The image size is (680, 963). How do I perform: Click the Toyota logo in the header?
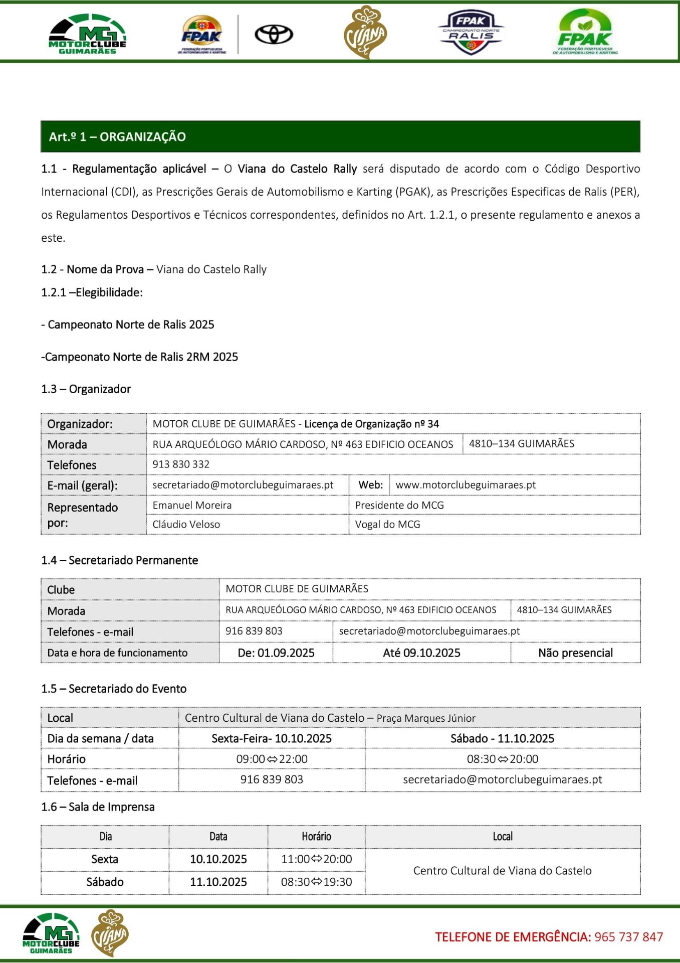274,35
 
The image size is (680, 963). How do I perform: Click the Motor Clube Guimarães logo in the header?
88,34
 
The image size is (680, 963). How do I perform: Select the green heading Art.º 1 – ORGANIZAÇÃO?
117,136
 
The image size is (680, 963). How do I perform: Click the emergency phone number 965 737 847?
628,936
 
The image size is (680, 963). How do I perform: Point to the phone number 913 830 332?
181,464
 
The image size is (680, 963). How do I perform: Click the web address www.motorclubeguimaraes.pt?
466,485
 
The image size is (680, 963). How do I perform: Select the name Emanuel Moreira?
192,505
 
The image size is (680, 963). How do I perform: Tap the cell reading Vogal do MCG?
388,524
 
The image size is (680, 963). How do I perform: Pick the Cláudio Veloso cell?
186,524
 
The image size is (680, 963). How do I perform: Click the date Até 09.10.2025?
421,653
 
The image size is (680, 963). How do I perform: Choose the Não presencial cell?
575,653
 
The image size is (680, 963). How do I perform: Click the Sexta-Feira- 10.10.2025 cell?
272,738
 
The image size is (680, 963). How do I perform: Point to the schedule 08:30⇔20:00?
503,759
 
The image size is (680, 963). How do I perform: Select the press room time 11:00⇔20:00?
317,859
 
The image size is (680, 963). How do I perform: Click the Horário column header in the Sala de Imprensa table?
316,836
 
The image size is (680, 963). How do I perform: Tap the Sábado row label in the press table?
105,882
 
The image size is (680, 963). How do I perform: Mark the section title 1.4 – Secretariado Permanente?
120,560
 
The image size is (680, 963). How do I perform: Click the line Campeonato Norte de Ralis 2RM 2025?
140,357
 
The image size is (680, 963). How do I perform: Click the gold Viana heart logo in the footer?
109,933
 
